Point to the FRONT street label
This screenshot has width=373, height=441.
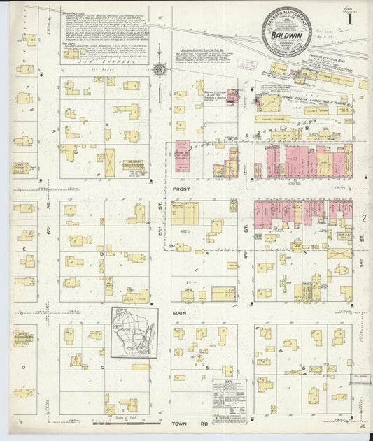[x=181, y=189]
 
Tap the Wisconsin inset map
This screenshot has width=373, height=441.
[x=135, y=333]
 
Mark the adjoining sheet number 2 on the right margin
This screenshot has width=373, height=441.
[x=364, y=219]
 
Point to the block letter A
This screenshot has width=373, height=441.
[x=107, y=124]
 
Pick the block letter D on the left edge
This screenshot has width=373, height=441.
[x=23, y=366]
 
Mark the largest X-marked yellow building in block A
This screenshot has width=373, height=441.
[x=108, y=162]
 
